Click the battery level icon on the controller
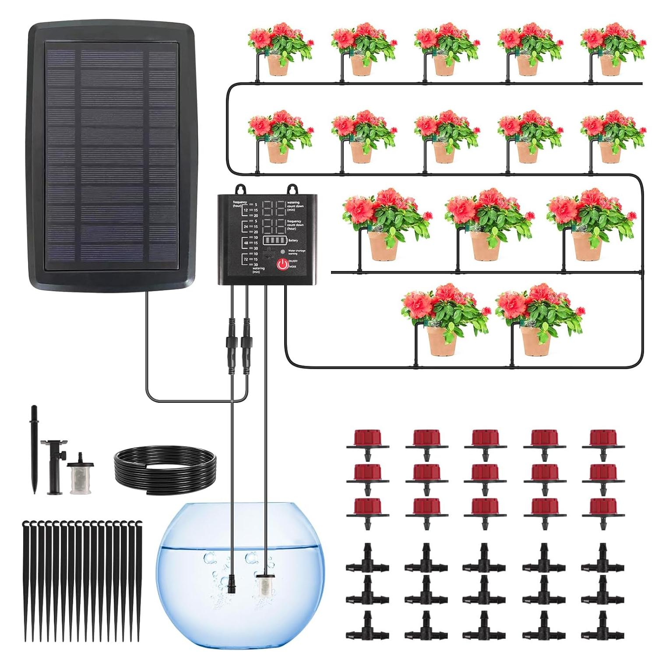(x=273, y=240)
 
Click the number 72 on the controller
(x=246, y=259)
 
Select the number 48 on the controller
(x=246, y=243)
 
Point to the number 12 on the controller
(x=246, y=210)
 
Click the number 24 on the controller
(x=246, y=226)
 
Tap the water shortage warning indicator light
(x=283, y=252)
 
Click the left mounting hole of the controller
(x=240, y=189)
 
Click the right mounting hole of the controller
(x=291, y=189)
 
